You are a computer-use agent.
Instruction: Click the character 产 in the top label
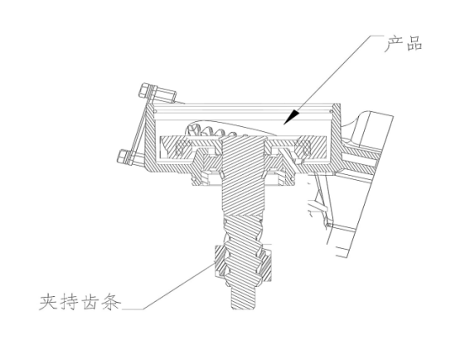393,44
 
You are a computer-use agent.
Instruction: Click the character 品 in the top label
414,44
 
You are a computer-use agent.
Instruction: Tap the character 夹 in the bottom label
48,301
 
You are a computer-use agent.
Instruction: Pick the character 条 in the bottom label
111,301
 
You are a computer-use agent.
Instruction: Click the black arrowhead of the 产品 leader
291,117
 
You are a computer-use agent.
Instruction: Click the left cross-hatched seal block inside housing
184,148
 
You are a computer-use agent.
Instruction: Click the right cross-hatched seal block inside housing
303,148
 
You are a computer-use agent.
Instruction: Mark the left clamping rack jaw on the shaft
220,260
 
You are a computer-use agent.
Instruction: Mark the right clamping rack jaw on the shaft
266,261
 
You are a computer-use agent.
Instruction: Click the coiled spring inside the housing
212,130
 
